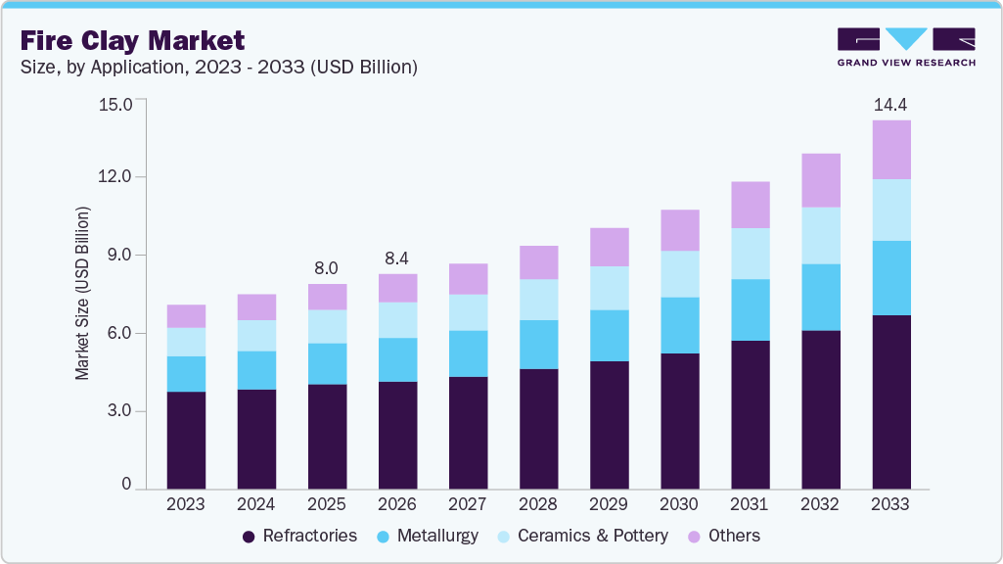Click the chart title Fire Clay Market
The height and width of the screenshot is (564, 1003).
(x=132, y=40)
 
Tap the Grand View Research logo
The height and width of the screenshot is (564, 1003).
(x=906, y=47)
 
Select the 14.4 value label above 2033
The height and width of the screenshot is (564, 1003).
(x=890, y=105)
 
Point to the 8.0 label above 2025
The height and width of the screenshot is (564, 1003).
(x=326, y=268)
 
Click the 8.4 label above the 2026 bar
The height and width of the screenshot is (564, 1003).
(x=396, y=258)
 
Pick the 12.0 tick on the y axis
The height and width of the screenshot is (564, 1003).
(x=115, y=176)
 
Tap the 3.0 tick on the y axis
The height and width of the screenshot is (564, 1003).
(x=119, y=410)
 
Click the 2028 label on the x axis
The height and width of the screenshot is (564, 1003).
(x=538, y=504)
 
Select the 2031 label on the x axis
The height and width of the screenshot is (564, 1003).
(x=749, y=504)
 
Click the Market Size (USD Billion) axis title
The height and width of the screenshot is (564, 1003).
(x=82, y=293)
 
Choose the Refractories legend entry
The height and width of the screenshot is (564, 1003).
(x=300, y=536)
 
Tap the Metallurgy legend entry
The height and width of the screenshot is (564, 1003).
(x=428, y=536)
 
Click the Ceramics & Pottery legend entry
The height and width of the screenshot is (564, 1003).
(x=583, y=536)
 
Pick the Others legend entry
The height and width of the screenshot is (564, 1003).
(x=724, y=536)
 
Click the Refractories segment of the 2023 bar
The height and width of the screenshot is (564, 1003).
(x=186, y=441)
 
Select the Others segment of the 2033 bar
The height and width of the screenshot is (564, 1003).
(x=891, y=150)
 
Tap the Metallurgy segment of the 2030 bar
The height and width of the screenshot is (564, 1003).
(x=680, y=325)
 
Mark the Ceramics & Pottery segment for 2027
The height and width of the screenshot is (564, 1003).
(x=469, y=312)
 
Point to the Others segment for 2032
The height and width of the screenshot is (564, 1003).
(x=821, y=180)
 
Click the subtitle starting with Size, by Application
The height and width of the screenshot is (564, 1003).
(x=219, y=68)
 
